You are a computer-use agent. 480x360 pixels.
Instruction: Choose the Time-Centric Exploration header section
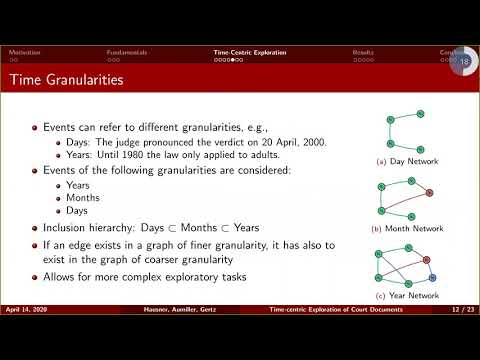point(249,51)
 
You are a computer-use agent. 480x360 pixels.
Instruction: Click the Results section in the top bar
point(364,51)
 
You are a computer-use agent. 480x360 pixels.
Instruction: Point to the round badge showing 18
point(463,63)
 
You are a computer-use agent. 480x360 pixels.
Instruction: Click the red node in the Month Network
point(429,192)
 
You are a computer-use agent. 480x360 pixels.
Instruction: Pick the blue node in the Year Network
point(433,275)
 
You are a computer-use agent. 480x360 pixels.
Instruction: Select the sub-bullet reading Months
point(80,197)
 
